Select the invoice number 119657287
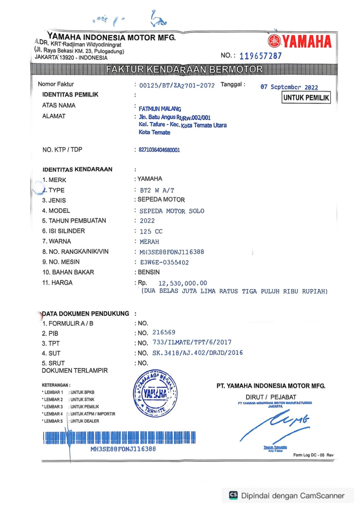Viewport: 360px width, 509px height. (x=260, y=56)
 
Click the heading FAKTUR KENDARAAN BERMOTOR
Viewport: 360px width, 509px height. (x=184, y=70)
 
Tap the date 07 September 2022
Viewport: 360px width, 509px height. (x=289, y=87)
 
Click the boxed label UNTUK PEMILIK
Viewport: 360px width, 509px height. (x=306, y=97)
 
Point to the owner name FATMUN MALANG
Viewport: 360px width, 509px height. (x=160, y=109)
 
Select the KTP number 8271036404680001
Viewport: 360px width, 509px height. (x=159, y=150)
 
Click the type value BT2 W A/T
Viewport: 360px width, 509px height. (x=157, y=190)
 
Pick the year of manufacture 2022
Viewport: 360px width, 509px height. (x=147, y=221)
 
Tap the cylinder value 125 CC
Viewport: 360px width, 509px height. (x=151, y=231)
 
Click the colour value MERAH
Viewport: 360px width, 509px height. (x=149, y=242)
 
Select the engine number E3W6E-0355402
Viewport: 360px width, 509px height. (x=164, y=263)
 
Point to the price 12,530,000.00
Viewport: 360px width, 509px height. (x=182, y=283)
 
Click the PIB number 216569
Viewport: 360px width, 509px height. (x=164, y=332)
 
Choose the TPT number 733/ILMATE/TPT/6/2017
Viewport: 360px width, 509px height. (x=192, y=342)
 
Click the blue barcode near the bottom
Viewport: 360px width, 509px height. (x=119, y=438)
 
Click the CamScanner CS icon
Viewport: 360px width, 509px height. (x=233, y=495)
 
